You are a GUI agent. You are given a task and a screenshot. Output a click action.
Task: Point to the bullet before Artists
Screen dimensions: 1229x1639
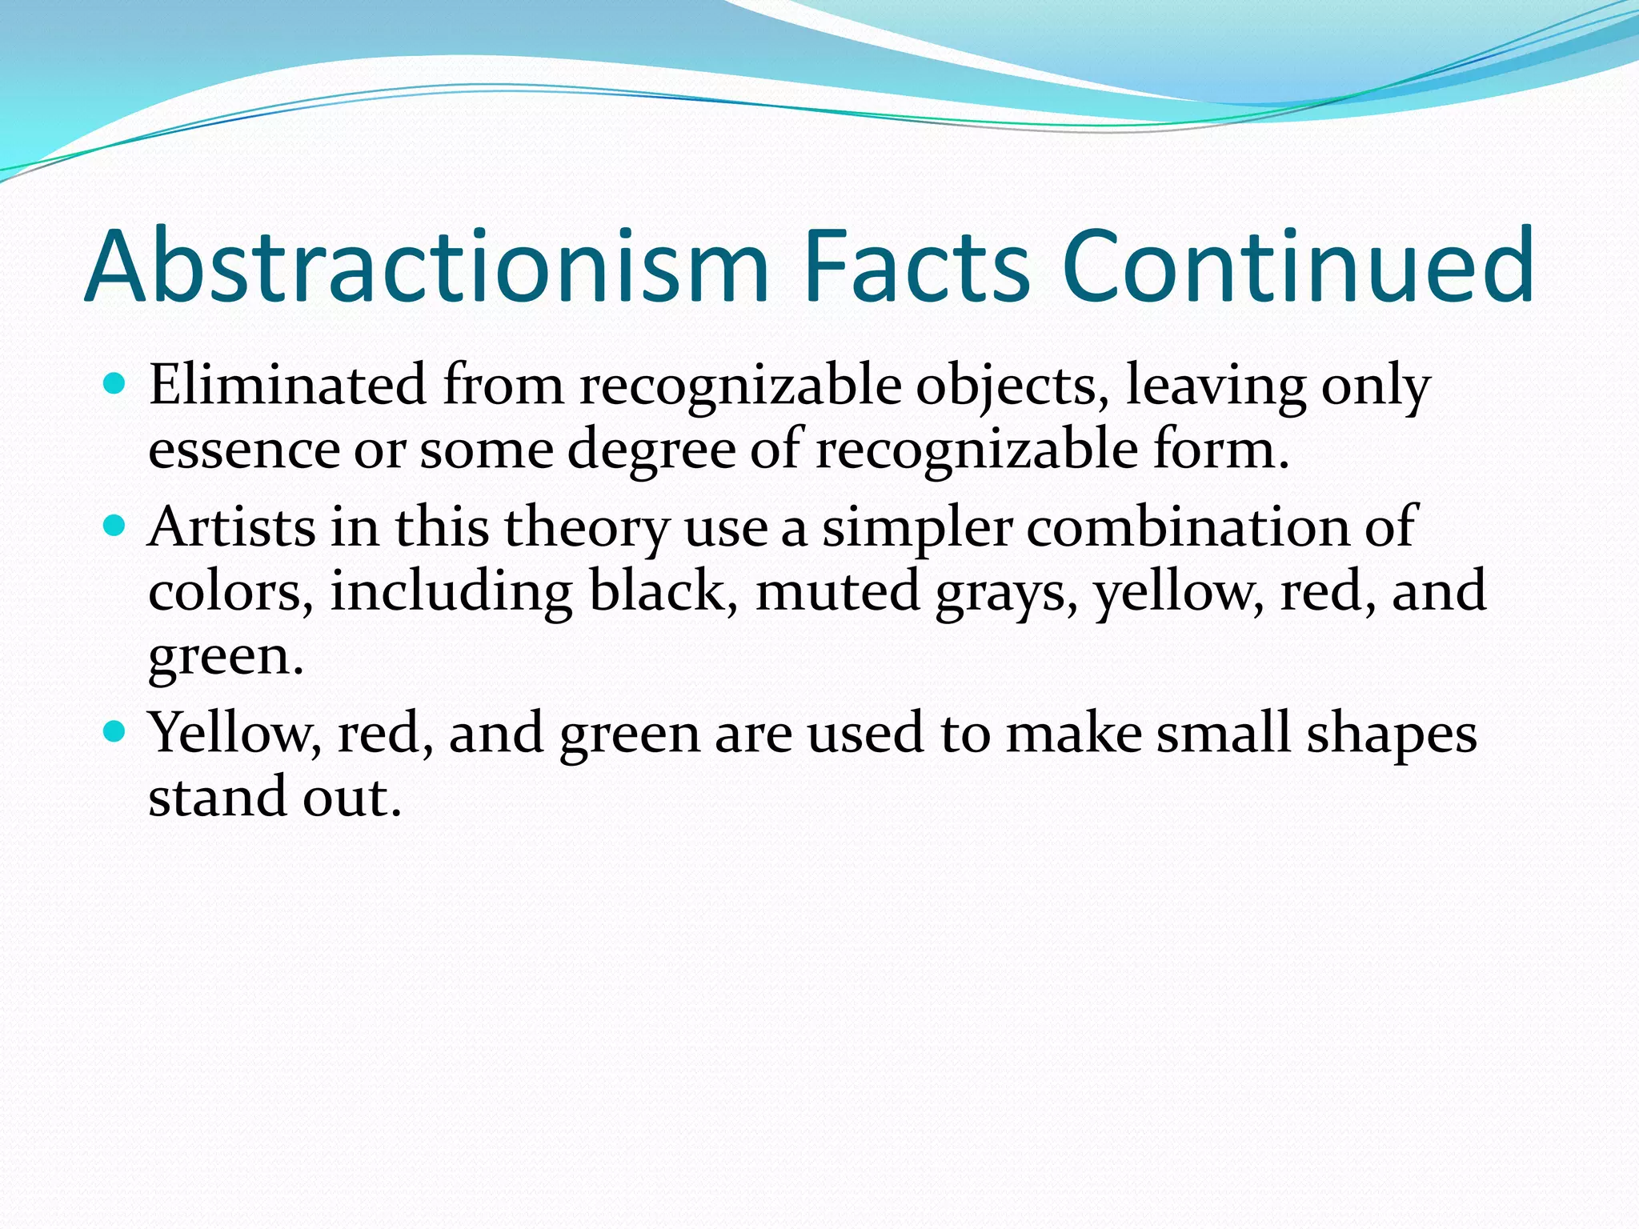(115, 526)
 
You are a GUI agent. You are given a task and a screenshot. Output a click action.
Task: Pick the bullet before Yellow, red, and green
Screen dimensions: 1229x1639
(115, 731)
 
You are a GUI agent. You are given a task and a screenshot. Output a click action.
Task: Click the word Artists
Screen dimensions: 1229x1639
(232, 528)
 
